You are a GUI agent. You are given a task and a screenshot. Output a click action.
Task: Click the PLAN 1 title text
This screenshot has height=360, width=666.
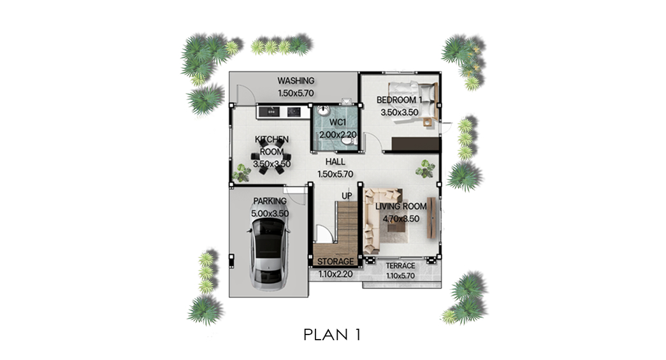(332, 335)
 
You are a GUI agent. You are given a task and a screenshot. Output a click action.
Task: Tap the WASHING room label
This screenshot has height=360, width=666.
(296, 80)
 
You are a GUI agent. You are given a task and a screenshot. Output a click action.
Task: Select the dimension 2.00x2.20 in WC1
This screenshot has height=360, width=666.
(338, 134)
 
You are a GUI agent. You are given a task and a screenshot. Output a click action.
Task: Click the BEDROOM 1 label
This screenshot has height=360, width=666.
(399, 100)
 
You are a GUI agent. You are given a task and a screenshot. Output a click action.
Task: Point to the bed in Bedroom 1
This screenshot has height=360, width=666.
(413, 100)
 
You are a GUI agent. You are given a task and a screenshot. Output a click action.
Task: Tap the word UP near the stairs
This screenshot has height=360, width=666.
(347, 196)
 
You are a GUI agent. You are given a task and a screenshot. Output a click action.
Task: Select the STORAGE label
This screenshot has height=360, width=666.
(335, 261)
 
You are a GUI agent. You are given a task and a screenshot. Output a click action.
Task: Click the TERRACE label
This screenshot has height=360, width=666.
(400, 266)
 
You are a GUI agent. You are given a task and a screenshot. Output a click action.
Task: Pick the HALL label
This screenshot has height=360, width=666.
(335, 162)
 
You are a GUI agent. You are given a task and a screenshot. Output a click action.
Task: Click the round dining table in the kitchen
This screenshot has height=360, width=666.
(271, 156)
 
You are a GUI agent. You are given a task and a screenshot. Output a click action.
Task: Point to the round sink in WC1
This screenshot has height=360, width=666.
(324, 110)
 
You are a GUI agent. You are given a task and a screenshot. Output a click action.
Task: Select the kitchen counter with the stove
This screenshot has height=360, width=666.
(284, 112)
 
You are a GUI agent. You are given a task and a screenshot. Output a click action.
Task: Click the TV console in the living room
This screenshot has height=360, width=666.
(431, 218)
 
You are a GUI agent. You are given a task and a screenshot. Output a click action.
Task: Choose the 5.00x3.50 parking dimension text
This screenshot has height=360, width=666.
(270, 213)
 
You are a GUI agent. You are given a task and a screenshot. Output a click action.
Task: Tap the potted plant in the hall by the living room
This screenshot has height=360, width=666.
(425, 169)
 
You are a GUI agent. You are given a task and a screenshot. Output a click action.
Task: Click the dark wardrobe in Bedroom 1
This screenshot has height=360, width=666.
(416, 143)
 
